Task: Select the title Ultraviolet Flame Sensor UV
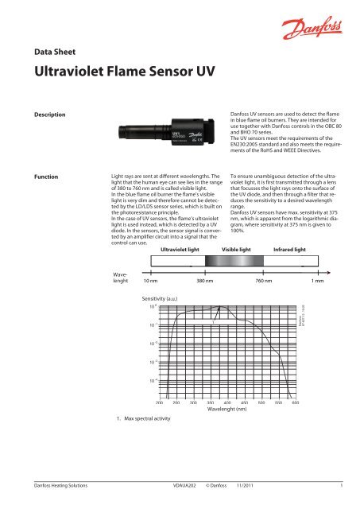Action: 118,76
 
